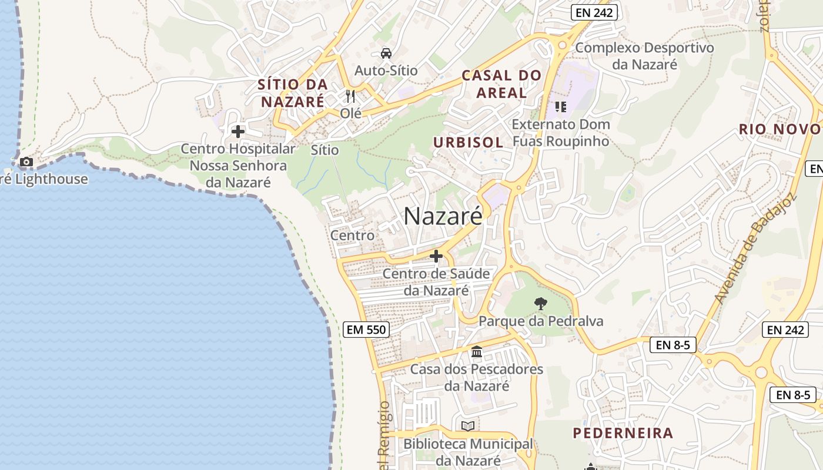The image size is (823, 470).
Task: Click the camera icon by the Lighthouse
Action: pos(26,162)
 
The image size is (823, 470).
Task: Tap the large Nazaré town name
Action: pos(443,216)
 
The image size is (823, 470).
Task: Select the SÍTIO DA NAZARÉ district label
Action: pos(292,93)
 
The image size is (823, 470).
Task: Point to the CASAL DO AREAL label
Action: pos(501,84)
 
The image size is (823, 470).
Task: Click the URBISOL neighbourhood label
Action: pos(468,142)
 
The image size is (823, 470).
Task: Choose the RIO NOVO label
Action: pos(779,129)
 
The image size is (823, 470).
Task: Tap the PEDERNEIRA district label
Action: pos(623,434)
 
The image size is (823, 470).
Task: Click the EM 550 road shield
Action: pos(366,330)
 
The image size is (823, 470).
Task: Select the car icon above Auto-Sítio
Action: pos(386,53)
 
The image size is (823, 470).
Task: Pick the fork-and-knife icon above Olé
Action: pos(351,96)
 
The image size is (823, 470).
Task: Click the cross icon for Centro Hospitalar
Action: pos(238,132)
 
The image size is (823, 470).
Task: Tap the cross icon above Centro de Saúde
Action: pos(436,256)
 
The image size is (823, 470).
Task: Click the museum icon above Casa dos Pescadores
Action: pos(477,352)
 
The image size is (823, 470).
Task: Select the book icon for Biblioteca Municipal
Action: pos(468,426)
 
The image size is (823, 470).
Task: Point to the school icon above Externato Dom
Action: pos(560,107)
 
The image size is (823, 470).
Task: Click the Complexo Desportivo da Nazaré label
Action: pos(644,56)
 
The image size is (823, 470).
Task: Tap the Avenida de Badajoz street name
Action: pos(755,249)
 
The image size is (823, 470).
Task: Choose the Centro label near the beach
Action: pos(352,236)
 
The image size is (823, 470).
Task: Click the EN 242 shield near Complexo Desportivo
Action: pos(594,12)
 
